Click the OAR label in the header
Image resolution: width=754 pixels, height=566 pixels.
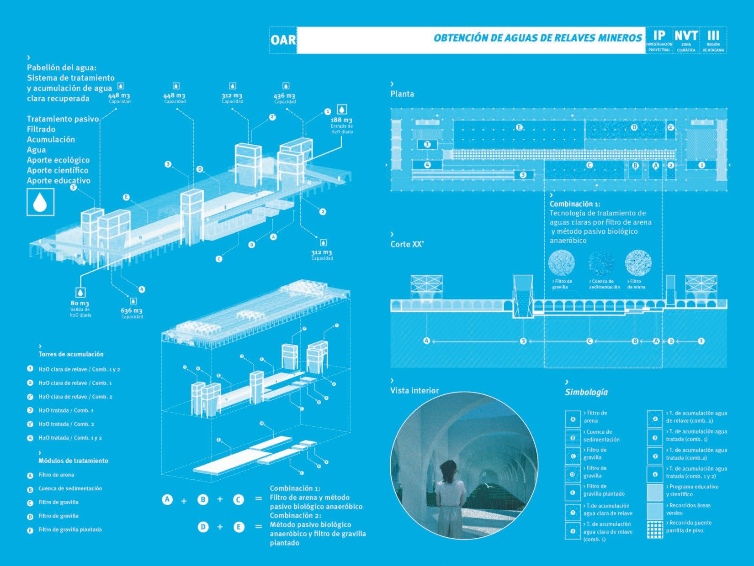pyautogui.click(x=283, y=39)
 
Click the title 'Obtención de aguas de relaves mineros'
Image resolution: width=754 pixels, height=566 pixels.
pyautogui.click(x=537, y=38)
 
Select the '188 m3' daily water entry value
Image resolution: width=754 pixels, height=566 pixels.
pyautogui.click(x=342, y=120)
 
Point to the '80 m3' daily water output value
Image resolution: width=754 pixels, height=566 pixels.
pyautogui.click(x=80, y=303)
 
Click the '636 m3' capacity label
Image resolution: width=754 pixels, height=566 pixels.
pyautogui.click(x=132, y=310)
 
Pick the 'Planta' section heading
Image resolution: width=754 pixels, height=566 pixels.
pyautogui.click(x=402, y=94)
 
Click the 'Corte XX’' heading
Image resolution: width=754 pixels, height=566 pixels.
pyautogui.click(x=407, y=244)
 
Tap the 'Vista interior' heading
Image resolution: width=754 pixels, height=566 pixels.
pyautogui.click(x=414, y=390)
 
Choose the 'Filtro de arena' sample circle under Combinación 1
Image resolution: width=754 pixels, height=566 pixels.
pyautogui.click(x=638, y=262)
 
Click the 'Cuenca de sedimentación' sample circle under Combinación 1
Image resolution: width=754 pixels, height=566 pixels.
pyautogui.click(x=600, y=263)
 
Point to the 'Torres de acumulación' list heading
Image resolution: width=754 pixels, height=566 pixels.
pyautogui.click(x=71, y=354)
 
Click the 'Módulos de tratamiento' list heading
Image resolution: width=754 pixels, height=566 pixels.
pyautogui.click(x=73, y=461)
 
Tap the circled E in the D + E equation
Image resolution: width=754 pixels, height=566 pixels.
pyautogui.click(x=239, y=527)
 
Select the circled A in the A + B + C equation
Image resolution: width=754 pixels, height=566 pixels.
pyautogui.click(x=167, y=500)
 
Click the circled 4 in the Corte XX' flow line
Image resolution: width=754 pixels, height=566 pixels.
pyautogui.click(x=426, y=341)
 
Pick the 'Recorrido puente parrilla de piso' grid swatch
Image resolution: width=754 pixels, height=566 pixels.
pyautogui.click(x=655, y=529)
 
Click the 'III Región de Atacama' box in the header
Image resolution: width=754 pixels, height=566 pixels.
pyautogui.click(x=713, y=41)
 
